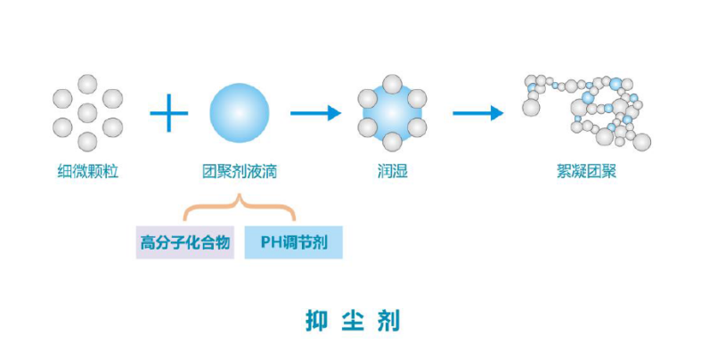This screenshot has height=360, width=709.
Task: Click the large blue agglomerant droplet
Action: pos(240,112)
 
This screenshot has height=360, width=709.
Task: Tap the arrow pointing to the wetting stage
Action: pos(315,112)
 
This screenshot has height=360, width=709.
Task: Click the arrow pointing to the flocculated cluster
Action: pos(478,112)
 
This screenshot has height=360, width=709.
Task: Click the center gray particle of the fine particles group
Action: pos(86,112)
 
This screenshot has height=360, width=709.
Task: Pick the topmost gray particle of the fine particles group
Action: pos(86,84)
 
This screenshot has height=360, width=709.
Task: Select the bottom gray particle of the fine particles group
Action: pos(86,141)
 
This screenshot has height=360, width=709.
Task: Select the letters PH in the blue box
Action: pos(270,241)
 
